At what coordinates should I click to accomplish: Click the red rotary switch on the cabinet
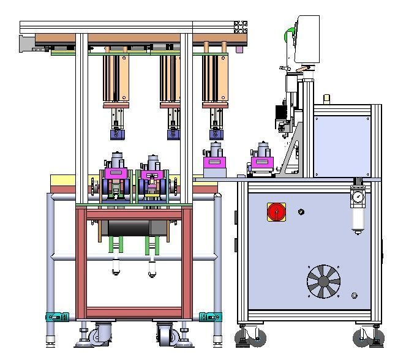pos(276,212)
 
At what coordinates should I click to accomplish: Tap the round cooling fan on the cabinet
pos(323,282)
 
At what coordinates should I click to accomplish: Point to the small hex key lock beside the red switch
pos(301,212)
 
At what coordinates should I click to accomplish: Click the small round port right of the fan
pos(355,296)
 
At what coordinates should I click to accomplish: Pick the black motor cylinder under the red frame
pos(129,228)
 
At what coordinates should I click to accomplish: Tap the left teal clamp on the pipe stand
pos(57,317)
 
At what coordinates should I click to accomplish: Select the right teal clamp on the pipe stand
pos(210,317)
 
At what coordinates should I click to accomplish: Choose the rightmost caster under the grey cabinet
pos(369,336)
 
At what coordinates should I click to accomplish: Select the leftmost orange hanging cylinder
pos(116,78)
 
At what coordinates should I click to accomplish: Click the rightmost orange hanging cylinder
pos(216,78)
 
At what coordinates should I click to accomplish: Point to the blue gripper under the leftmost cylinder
pos(116,133)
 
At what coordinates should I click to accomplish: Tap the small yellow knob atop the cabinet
pos(327,98)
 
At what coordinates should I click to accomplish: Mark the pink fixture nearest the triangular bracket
pos(261,163)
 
